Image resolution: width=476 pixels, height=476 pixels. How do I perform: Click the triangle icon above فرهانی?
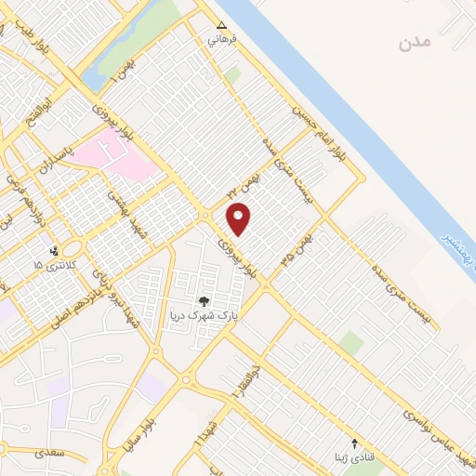221,26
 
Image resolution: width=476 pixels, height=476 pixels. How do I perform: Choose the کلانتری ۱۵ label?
51,266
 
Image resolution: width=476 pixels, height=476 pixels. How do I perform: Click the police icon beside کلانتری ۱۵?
55,250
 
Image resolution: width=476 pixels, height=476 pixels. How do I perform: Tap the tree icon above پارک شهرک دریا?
204,301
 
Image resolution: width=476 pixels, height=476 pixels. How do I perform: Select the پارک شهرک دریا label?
198,316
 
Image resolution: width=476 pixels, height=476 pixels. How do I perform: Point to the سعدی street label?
44,453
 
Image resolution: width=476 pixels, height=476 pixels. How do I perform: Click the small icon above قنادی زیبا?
353,443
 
